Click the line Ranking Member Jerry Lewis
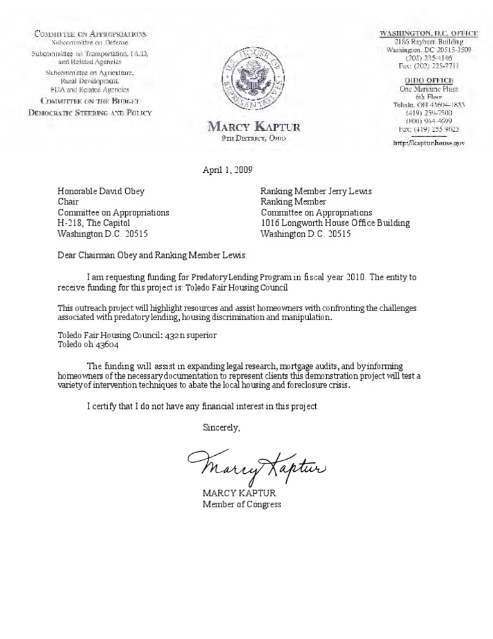[x=316, y=190]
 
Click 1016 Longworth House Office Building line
[x=334, y=223]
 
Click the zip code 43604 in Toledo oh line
[x=106, y=345]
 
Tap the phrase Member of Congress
[x=242, y=504]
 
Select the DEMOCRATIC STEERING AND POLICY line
[x=90, y=112]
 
